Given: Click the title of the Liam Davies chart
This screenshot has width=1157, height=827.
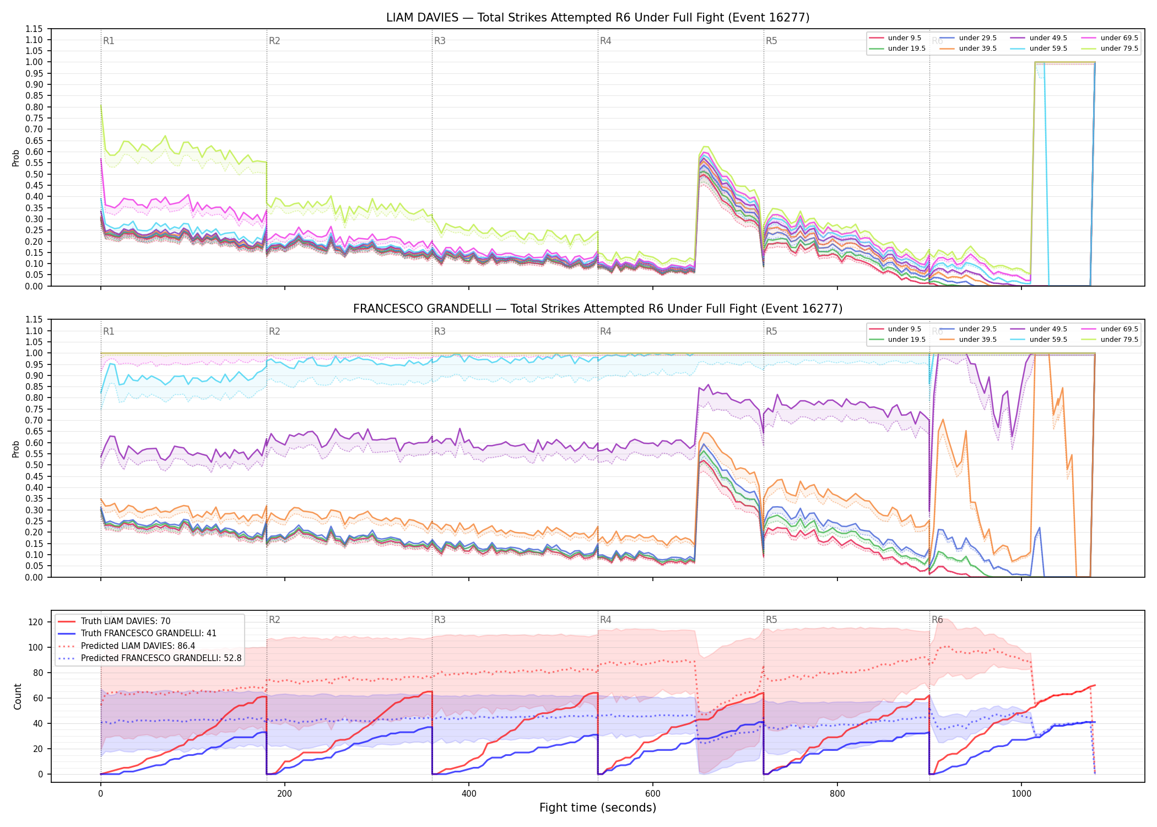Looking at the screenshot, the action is [x=598, y=18].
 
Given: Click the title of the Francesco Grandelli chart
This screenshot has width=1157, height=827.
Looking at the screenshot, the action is [x=598, y=309].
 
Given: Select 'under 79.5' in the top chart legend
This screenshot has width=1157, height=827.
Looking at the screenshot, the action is [x=1119, y=49].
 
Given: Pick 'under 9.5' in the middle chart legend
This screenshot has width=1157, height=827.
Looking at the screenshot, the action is [x=905, y=329].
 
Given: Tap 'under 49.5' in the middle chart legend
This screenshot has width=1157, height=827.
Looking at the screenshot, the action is [x=1048, y=329].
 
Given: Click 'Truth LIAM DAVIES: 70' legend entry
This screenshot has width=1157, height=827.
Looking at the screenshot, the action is [x=126, y=621].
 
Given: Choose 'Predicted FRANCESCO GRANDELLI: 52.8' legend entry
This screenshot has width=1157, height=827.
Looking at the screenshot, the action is [x=161, y=658].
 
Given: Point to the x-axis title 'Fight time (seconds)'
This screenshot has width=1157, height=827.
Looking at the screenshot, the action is [x=598, y=808].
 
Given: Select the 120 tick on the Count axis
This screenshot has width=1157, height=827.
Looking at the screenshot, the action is [x=36, y=622].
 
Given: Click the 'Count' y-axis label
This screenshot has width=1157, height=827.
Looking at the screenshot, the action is [x=18, y=697].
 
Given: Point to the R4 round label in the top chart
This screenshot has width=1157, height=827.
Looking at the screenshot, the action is [x=605, y=41].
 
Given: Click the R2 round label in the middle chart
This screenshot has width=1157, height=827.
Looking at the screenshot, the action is [x=274, y=331].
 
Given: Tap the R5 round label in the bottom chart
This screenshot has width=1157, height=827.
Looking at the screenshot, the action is [x=771, y=620].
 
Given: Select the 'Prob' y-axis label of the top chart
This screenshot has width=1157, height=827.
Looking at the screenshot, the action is [x=16, y=158].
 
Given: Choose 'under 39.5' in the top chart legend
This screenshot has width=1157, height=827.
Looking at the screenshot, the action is [x=977, y=49].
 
